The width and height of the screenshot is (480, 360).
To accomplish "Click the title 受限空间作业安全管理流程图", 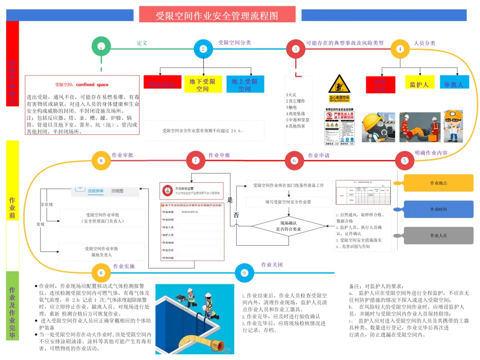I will [217, 16].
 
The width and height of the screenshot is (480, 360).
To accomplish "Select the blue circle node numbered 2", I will [203, 49].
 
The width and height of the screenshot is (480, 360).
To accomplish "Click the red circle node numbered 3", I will [296, 49].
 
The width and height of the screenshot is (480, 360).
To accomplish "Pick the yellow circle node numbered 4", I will [400, 49].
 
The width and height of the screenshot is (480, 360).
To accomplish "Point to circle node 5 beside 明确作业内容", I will [404, 161].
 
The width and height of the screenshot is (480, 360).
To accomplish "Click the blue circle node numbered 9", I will [244, 273].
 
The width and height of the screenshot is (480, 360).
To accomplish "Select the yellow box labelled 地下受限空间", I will [203, 84].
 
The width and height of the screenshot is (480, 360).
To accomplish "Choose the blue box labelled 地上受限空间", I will [245, 84].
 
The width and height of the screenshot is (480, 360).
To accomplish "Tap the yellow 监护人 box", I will [419, 84].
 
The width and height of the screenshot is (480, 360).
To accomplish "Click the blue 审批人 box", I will [454, 84].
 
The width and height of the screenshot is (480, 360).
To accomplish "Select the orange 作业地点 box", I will [439, 183].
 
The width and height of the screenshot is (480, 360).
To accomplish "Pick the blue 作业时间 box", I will [439, 209].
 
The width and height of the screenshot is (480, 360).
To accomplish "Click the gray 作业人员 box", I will [439, 236].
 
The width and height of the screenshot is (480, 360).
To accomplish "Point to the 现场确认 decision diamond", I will [288, 226].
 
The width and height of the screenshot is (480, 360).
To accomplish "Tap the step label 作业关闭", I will [272, 265].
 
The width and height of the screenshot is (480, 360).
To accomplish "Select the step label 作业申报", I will [220, 155].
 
